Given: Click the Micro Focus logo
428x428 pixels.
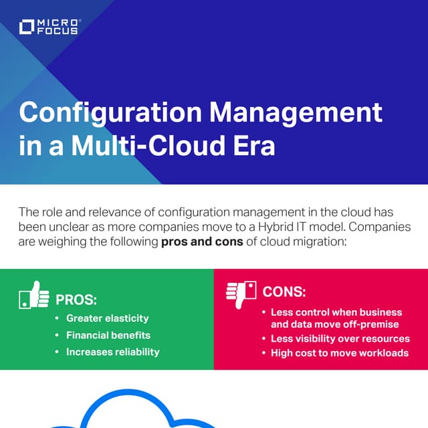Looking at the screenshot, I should [49, 27].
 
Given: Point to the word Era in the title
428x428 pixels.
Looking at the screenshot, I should [255, 145].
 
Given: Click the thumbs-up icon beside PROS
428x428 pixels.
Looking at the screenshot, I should [34, 296].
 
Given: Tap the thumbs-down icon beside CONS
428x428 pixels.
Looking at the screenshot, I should [241, 292].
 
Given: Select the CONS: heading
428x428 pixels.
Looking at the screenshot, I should [284, 292].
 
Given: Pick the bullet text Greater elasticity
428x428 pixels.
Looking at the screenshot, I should [107, 318].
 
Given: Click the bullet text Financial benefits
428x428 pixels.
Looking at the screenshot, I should [108, 335].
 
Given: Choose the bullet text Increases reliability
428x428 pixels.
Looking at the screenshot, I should [112, 352].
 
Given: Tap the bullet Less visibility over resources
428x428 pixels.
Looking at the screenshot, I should [340, 339].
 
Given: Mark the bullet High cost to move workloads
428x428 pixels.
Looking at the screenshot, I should [339, 353].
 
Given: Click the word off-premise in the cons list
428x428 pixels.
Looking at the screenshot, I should [368, 324].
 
